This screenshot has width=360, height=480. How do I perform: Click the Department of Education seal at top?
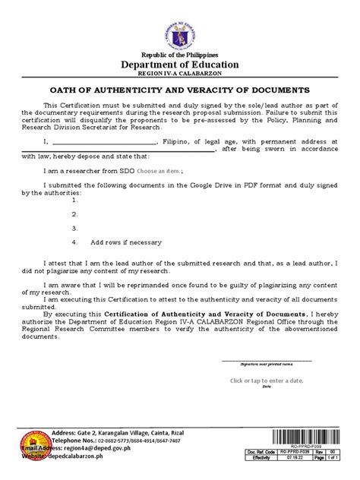180,37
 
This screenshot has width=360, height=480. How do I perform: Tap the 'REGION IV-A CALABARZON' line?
180,81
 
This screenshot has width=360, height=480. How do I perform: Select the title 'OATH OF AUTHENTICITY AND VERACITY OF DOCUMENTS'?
180,99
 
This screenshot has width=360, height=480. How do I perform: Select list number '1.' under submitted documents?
74,201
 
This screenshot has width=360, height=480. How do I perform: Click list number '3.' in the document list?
74,228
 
